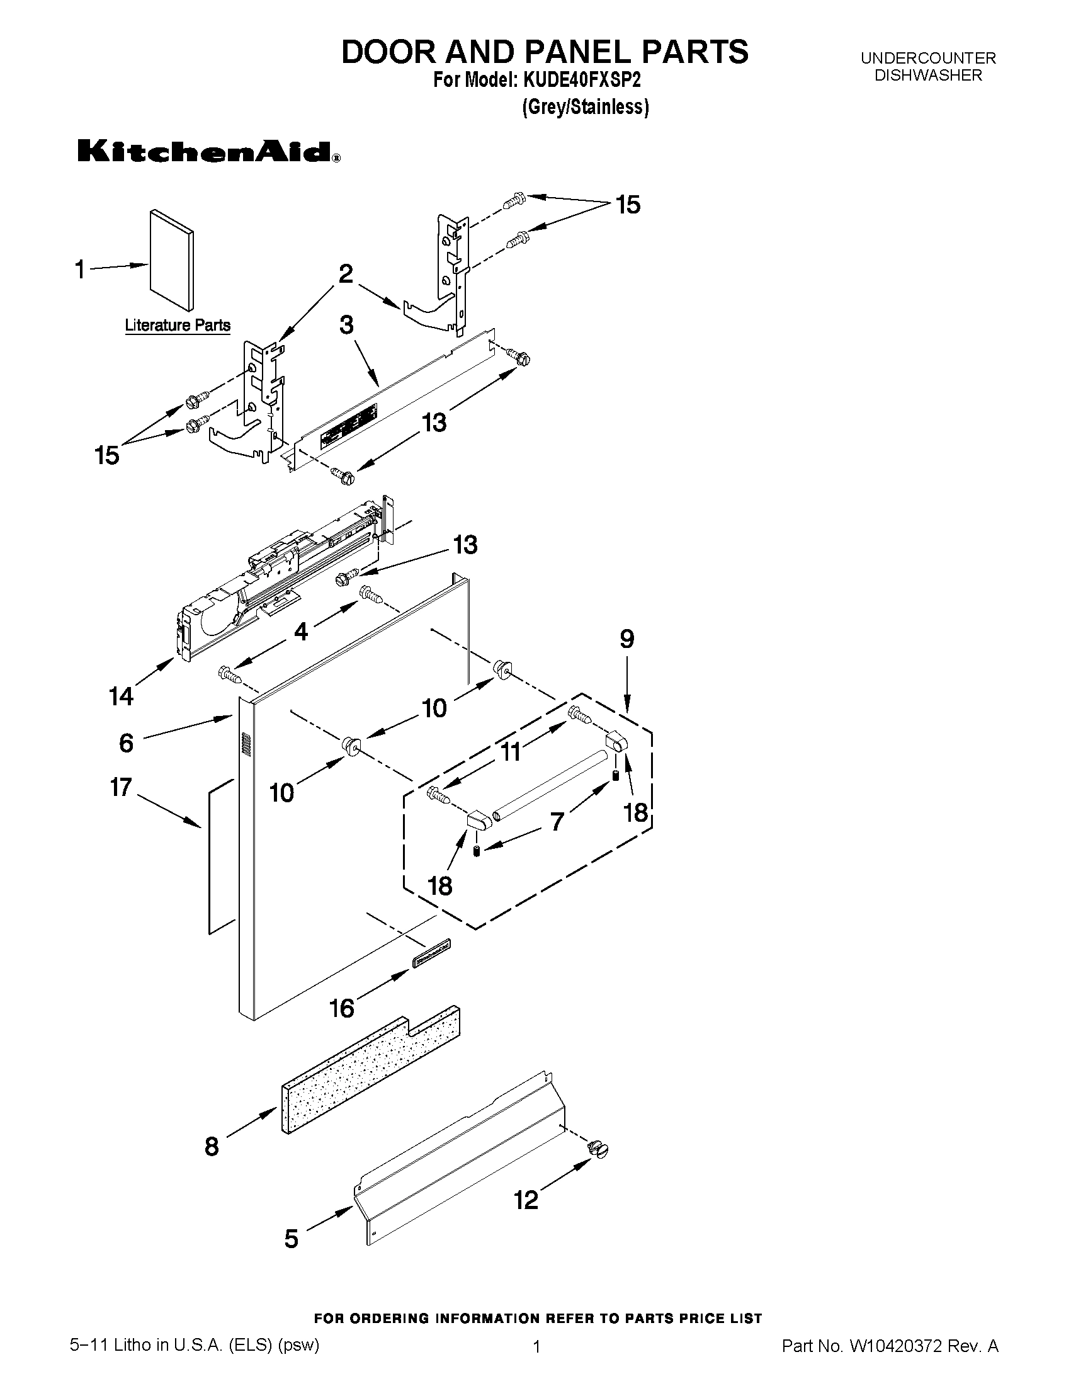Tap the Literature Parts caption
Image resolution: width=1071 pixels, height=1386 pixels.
pos(178,326)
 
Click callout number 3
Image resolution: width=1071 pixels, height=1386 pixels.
pos(346,325)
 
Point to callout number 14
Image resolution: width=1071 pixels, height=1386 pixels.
pos(120,696)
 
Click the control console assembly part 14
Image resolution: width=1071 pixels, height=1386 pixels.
pos(279,584)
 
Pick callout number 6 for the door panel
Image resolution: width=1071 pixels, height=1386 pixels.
pos(127,742)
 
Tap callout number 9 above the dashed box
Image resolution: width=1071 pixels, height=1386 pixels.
pos(626,639)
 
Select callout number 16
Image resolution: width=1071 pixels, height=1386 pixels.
pos(342,1008)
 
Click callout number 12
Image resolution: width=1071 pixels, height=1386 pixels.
pos(525,1200)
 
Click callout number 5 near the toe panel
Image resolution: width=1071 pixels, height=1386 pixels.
pos(292,1238)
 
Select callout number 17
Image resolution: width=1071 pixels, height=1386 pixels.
pos(120,788)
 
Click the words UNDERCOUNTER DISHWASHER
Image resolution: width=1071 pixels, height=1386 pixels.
pos(927,67)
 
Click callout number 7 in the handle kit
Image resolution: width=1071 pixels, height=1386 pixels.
pos(557,821)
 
